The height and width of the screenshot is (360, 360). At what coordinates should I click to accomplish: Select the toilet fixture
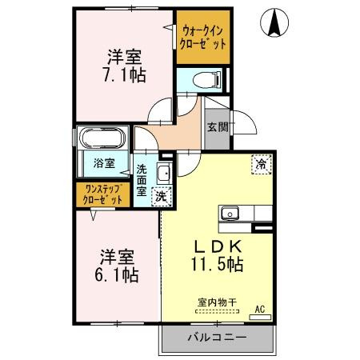206,80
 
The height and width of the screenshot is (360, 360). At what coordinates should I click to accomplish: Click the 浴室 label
104,163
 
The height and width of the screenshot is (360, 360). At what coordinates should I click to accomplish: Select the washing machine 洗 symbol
161,196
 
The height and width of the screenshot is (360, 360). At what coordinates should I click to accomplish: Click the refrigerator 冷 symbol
262,162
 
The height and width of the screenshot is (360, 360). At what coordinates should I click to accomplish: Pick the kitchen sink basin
230,214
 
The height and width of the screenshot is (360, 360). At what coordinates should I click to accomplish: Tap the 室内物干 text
217,302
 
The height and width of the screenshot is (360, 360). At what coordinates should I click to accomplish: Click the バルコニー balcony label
218,337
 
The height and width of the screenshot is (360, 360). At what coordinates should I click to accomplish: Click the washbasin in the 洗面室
163,174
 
